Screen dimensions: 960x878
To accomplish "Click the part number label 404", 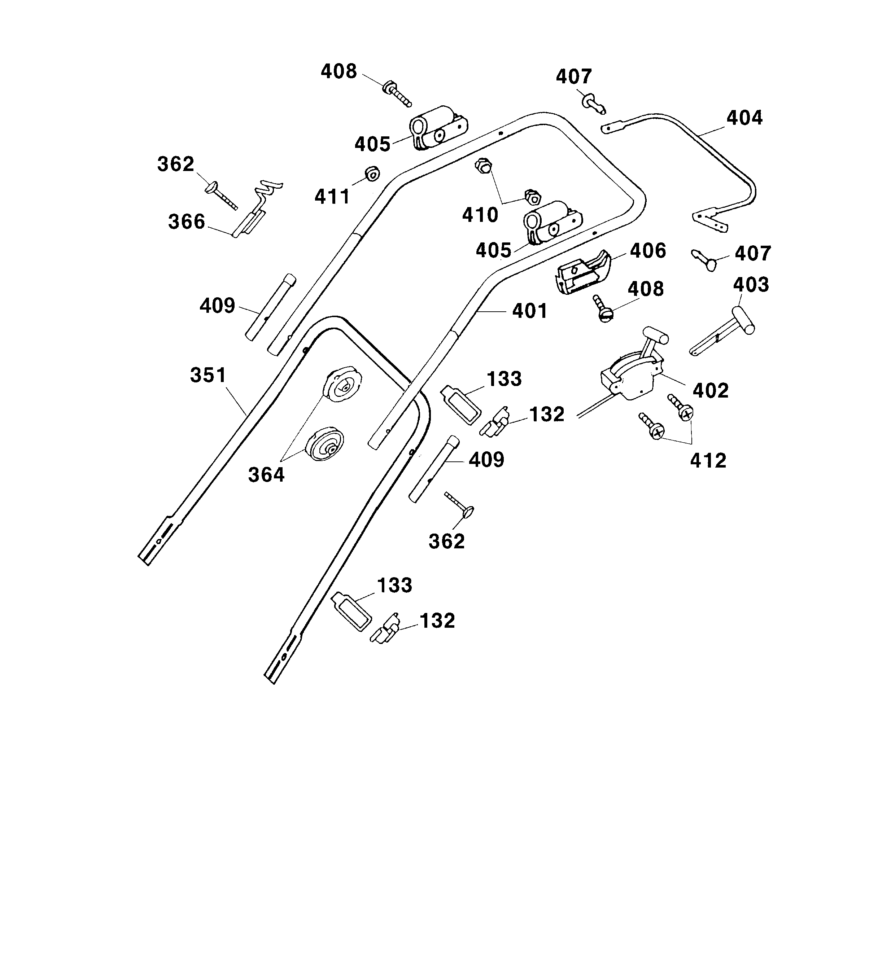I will point(744,118).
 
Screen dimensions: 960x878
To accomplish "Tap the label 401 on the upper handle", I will point(530,311).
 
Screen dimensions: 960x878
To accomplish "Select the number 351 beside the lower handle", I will point(208,375).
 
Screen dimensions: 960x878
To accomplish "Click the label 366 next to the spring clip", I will point(186,222).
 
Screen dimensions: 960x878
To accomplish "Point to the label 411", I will point(332,196).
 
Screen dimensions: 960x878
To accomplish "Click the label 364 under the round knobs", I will point(266,475).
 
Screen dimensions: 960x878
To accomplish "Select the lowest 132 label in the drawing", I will point(437,621).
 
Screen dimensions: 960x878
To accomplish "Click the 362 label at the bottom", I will point(446,542).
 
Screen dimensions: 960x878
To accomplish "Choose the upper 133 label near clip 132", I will point(504,379).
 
